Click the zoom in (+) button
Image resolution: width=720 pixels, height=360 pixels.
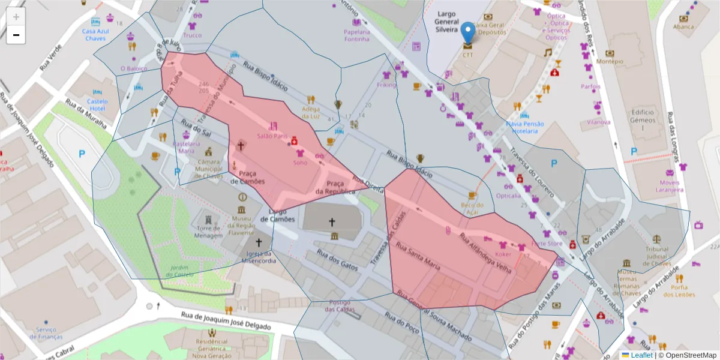tap(16, 17)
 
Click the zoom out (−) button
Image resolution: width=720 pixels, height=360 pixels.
tap(16, 35)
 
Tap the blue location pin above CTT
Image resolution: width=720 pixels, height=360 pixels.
tap(468, 32)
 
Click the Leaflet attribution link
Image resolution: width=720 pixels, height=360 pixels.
tap(641, 355)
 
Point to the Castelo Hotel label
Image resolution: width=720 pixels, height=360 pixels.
tap(97, 104)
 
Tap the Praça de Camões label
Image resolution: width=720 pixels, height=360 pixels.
tap(251, 177)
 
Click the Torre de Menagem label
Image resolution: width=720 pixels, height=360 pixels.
tap(209, 232)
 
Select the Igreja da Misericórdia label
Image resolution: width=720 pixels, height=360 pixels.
tap(259, 257)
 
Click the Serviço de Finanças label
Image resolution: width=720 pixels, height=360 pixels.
tap(46, 333)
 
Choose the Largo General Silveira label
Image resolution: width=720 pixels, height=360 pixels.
tap(450, 21)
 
